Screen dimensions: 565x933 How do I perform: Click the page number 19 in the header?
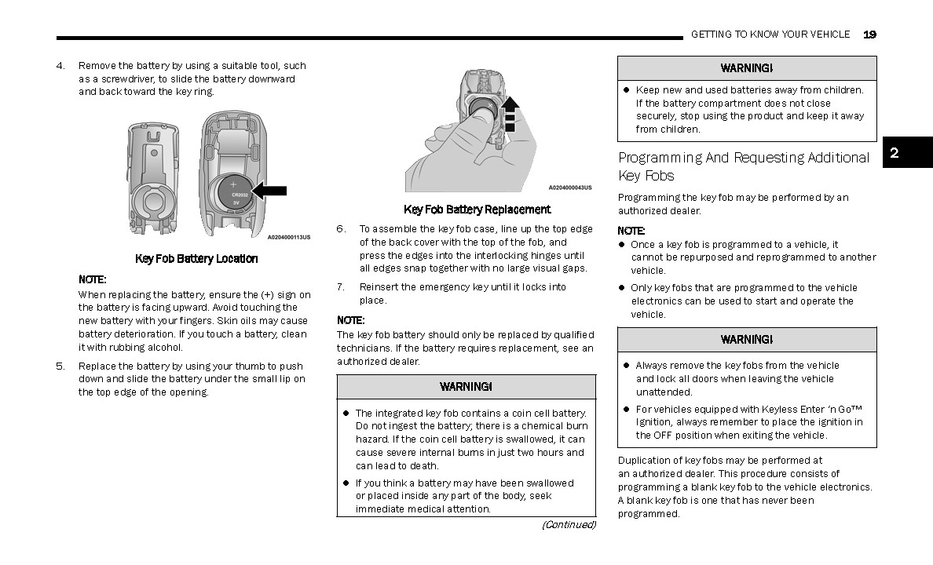[869, 35]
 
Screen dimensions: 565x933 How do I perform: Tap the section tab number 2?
[895, 153]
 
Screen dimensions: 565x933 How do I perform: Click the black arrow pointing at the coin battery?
[269, 190]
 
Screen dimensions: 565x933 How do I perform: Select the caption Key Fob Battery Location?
[196, 259]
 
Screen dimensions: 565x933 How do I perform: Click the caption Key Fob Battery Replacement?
[477, 210]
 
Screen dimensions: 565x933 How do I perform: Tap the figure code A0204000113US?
[289, 237]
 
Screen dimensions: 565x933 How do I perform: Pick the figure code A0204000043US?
[569, 188]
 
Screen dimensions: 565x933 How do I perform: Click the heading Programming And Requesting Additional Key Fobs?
[743, 166]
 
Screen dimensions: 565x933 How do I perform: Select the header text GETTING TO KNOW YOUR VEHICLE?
[770, 35]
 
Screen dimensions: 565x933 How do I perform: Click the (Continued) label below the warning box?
[569, 525]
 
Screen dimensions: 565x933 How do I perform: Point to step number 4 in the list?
[60, 66]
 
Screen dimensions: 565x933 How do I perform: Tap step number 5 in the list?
[60, 366]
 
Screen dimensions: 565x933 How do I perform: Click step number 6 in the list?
[341, 229]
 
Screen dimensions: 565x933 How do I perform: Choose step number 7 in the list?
[341, 287]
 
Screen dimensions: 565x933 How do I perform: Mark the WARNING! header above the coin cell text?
[466, 387]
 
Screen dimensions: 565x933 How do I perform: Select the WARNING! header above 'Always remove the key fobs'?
[747, 340]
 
